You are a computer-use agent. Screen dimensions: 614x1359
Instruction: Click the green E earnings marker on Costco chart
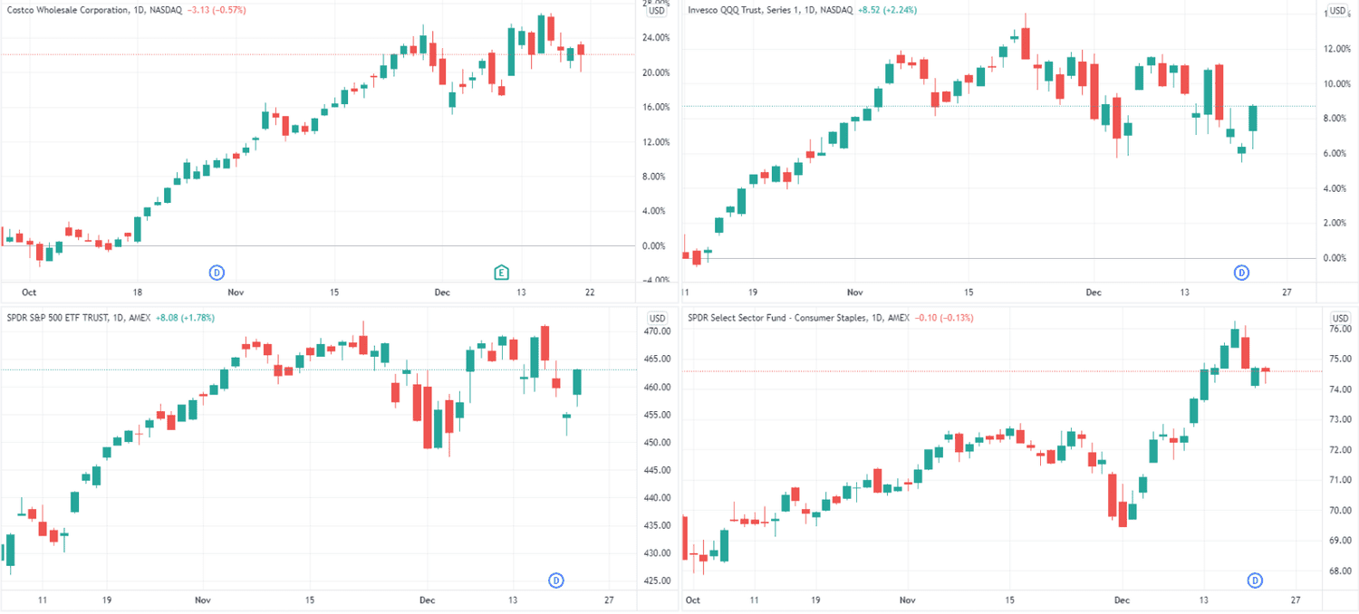(501, 272)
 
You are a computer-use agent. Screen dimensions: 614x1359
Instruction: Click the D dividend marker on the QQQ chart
(1242, 272)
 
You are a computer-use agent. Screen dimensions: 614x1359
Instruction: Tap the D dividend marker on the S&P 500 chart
(556, 580)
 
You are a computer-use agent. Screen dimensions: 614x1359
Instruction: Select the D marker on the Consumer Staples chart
(1256, 580)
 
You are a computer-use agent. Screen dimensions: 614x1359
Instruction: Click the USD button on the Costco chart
(658, 11)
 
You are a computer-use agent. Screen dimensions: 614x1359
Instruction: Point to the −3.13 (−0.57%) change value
(216, 10)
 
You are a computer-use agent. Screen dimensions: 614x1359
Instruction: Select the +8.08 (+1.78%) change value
(186, 318)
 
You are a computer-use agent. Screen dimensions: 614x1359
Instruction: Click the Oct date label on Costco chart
(29, 293)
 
